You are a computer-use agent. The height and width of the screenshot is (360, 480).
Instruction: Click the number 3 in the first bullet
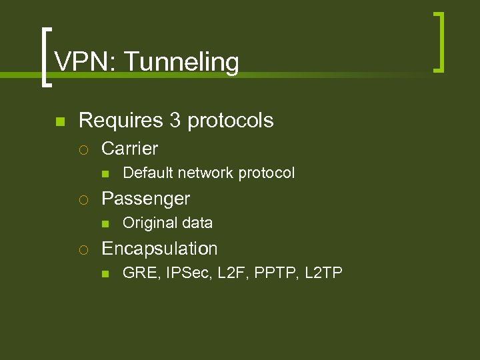tap(175, 121)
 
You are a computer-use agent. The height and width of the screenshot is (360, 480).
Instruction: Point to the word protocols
tap(231, 121)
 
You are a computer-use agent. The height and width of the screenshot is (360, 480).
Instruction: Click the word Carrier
tap(129, 149)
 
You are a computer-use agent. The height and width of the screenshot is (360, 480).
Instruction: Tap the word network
tap(205, 173)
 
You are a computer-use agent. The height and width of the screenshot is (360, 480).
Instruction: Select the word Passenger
tap(145, 199)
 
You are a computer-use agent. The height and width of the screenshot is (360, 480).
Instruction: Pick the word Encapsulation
tap(159, 249)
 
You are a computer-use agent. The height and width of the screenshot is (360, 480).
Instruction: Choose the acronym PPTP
tap(275, 273)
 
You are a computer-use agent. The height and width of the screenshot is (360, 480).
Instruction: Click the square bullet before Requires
tap(59, 121)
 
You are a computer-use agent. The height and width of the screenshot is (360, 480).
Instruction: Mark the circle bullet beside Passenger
tap(82, 199)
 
